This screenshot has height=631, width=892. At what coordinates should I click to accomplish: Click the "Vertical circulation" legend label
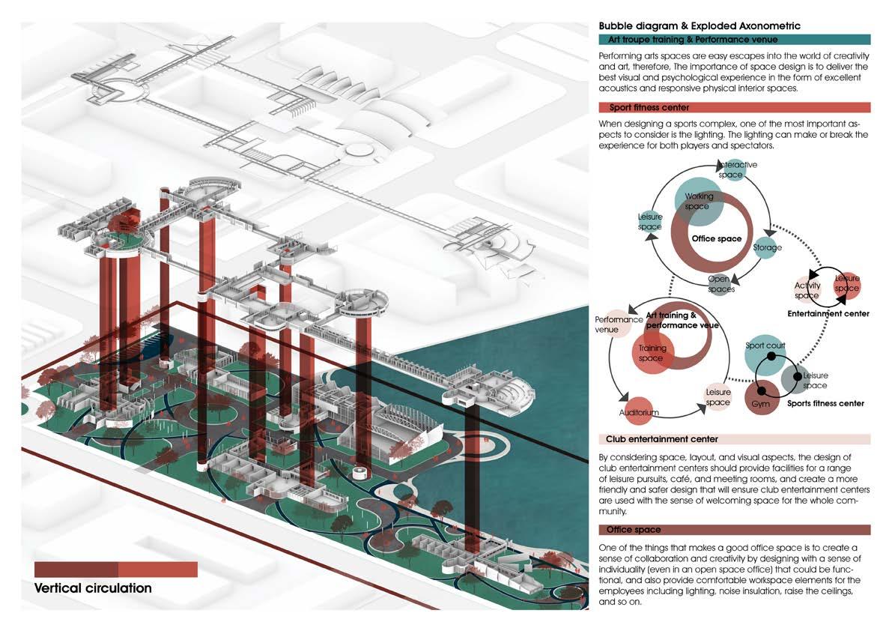click(x=93, y=588)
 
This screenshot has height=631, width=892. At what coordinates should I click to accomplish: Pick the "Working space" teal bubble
click(x=699, y=201)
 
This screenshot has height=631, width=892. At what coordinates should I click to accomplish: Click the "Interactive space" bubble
click(x=735, y=170)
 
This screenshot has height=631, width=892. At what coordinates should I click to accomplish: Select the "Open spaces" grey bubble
click(x=719, y=284)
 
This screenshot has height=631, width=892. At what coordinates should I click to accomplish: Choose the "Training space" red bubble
click(x=652, y=354)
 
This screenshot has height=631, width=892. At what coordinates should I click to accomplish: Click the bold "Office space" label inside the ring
click(x=717, y=239)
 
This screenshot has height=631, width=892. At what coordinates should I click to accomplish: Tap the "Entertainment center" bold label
click(x=828, y=314)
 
